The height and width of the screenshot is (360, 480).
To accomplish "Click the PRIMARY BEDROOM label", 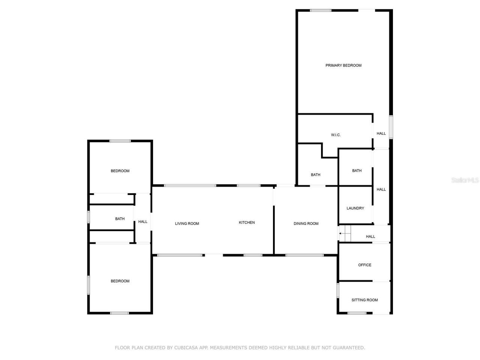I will pyautogui.click(x=343, y=66).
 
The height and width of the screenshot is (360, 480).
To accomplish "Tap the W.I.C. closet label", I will pyautogui.click(x=336, y=135).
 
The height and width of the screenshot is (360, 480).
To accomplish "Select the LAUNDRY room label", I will pyautogui.click(x=355, y=208).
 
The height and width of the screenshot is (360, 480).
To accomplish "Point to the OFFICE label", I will pyautogui.click(x=364, y=265).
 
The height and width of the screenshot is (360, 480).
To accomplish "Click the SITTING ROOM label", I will pyautogui.click(x=364, y=300).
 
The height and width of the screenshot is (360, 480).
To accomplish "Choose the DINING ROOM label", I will pyautogui.click(x=306, y=224).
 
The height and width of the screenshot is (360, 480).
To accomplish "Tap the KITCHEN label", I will pyautogui.click(x=247, y=223).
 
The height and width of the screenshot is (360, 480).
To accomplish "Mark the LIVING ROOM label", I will pyautogui.click(x=187, y=224).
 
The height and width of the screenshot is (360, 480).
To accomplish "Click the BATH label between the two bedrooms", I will pyautogui.click(x=120, y=219).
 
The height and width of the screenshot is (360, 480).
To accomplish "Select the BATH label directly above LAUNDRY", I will pyautogui.click(x=357, y=171).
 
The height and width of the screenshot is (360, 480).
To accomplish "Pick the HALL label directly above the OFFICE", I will pyautogui.click(x=370, y=237).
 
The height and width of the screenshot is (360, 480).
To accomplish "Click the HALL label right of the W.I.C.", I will pyautogui.click(x=381, y=133).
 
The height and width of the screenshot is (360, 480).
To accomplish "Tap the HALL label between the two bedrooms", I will pyautogui.click(x=142, y=222).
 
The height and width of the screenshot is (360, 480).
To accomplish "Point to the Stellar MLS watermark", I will pyautogui.click(x=465, y=180).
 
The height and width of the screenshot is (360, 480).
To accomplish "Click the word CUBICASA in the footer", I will pyautogui.click(x=186, y=348).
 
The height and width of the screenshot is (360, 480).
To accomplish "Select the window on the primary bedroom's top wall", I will pyautogui.click(x=321, y=10).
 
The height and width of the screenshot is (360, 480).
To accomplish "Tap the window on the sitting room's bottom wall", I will pyautogui.click(x=357, y=313).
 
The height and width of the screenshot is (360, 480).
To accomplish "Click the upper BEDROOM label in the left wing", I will pyautogui.click(x=120, y=171).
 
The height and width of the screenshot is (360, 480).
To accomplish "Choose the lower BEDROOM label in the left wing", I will pyautogui.click(x=120, y=281).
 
